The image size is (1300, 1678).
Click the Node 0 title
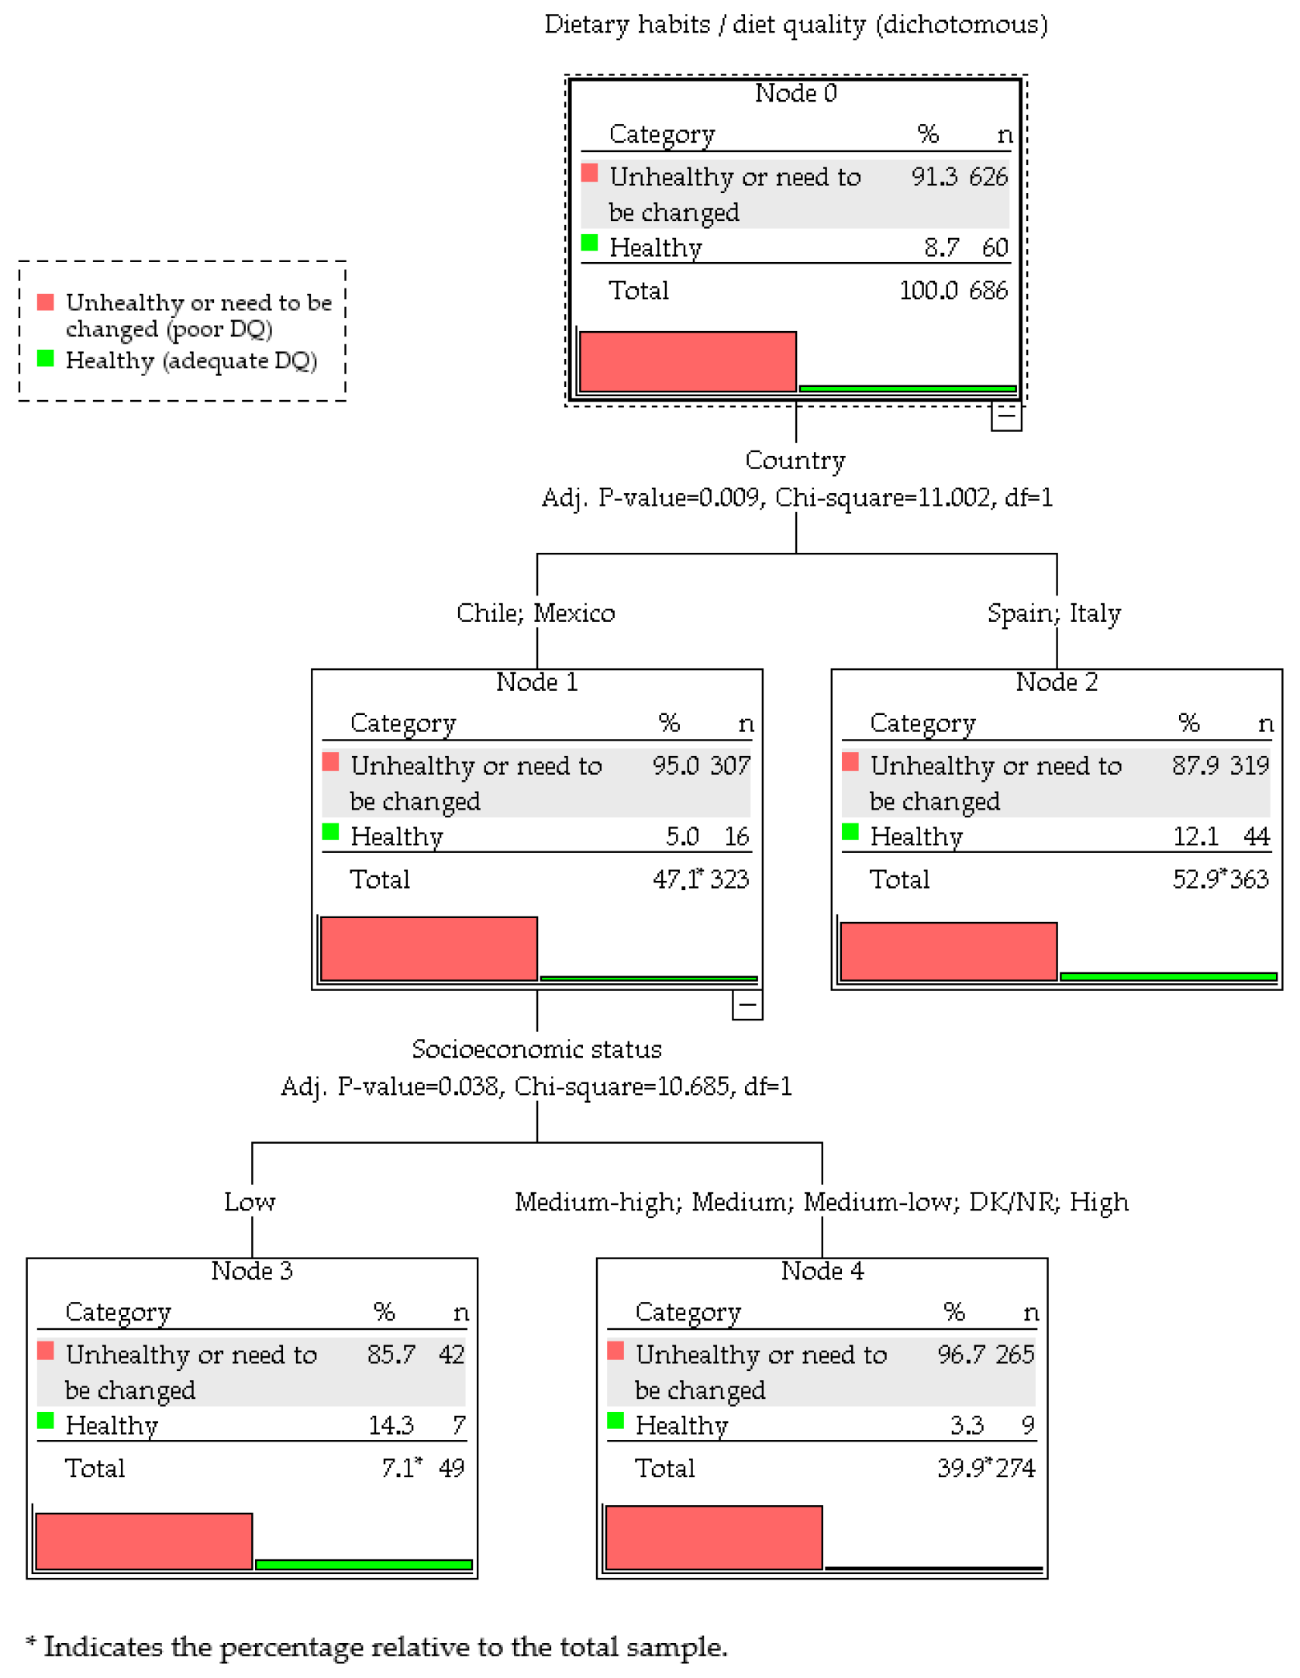795,93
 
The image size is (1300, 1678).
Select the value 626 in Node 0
988,177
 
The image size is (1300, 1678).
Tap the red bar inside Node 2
947,951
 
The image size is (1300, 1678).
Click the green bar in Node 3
364,1564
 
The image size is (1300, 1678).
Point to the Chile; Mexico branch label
536,613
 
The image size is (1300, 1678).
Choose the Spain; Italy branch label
1053,613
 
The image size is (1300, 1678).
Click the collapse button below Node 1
747,1005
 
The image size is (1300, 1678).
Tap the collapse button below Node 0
1005,416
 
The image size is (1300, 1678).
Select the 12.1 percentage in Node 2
1195,837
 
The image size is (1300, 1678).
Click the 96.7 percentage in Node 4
961,1355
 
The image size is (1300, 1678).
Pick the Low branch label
250,1202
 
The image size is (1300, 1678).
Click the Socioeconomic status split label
536,1049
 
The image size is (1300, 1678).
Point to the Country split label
795,461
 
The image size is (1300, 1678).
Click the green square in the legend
46,358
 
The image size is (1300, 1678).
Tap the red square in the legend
46,302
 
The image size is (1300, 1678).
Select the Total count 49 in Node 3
451,1468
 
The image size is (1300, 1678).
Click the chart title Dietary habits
795,25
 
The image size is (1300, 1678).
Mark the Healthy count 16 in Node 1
736,837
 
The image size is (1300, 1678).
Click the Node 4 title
822,1271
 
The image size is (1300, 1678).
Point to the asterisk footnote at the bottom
377,1646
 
